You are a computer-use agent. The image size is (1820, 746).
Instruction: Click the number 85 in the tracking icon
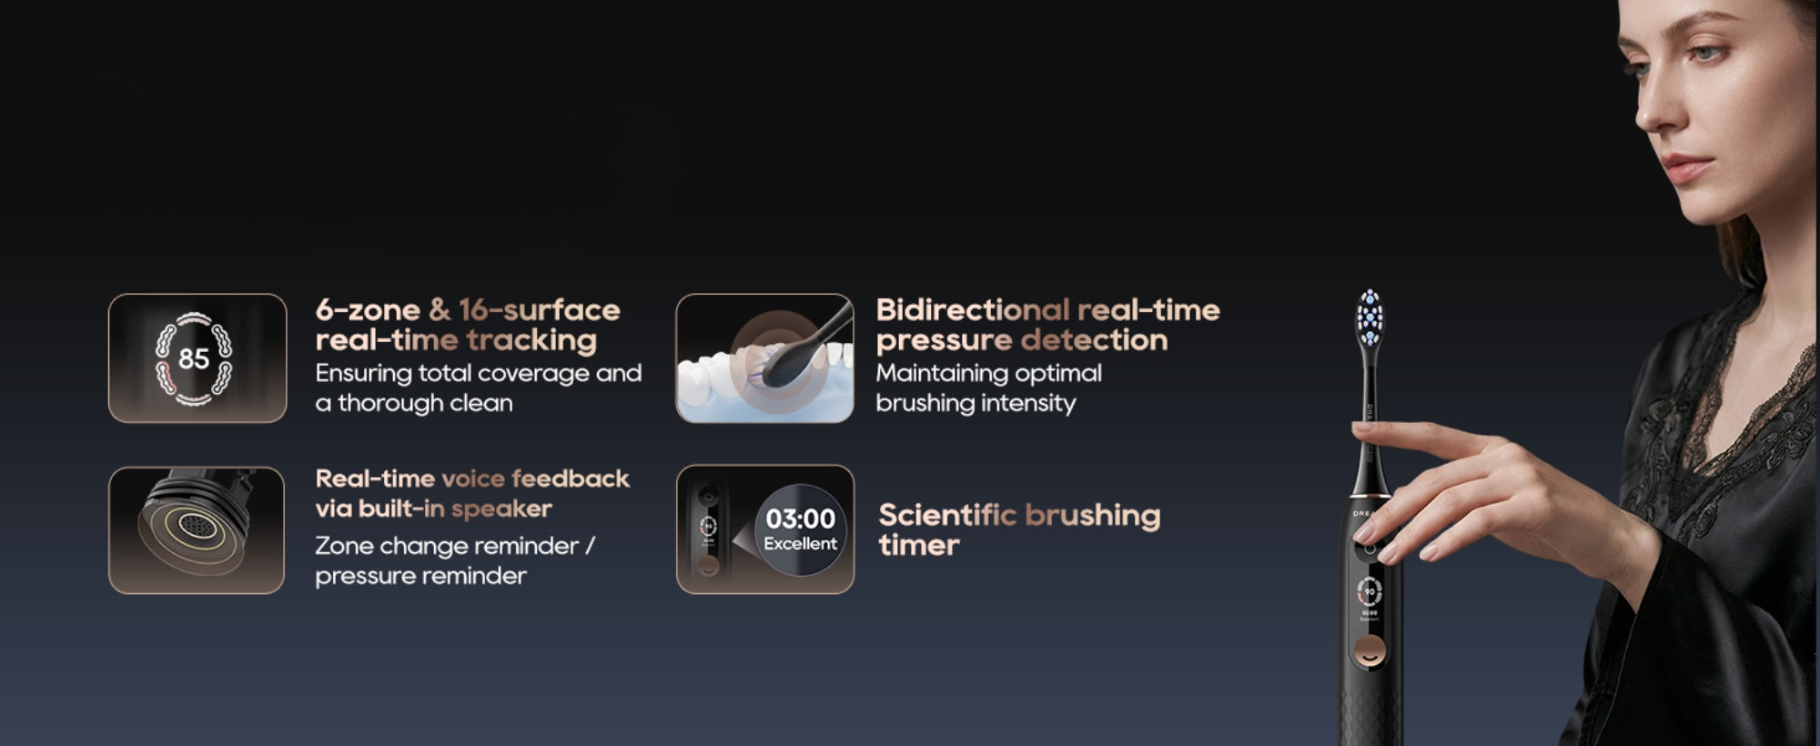[x=194, y=358]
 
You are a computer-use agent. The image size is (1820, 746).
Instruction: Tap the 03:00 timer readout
[x=800, y=519]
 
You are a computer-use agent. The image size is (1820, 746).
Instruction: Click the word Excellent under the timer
[x=800, y=544]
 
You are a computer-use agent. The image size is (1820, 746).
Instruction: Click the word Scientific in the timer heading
[x=947, y=515]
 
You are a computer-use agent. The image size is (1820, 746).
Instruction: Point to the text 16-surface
[x=539, y=309]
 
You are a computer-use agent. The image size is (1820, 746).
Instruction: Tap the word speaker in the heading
[x=501, y=509]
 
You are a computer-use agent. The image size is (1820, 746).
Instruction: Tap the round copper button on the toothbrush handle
[x=1370, y=650]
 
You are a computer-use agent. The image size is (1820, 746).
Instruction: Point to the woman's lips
[x=1683, y=167]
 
